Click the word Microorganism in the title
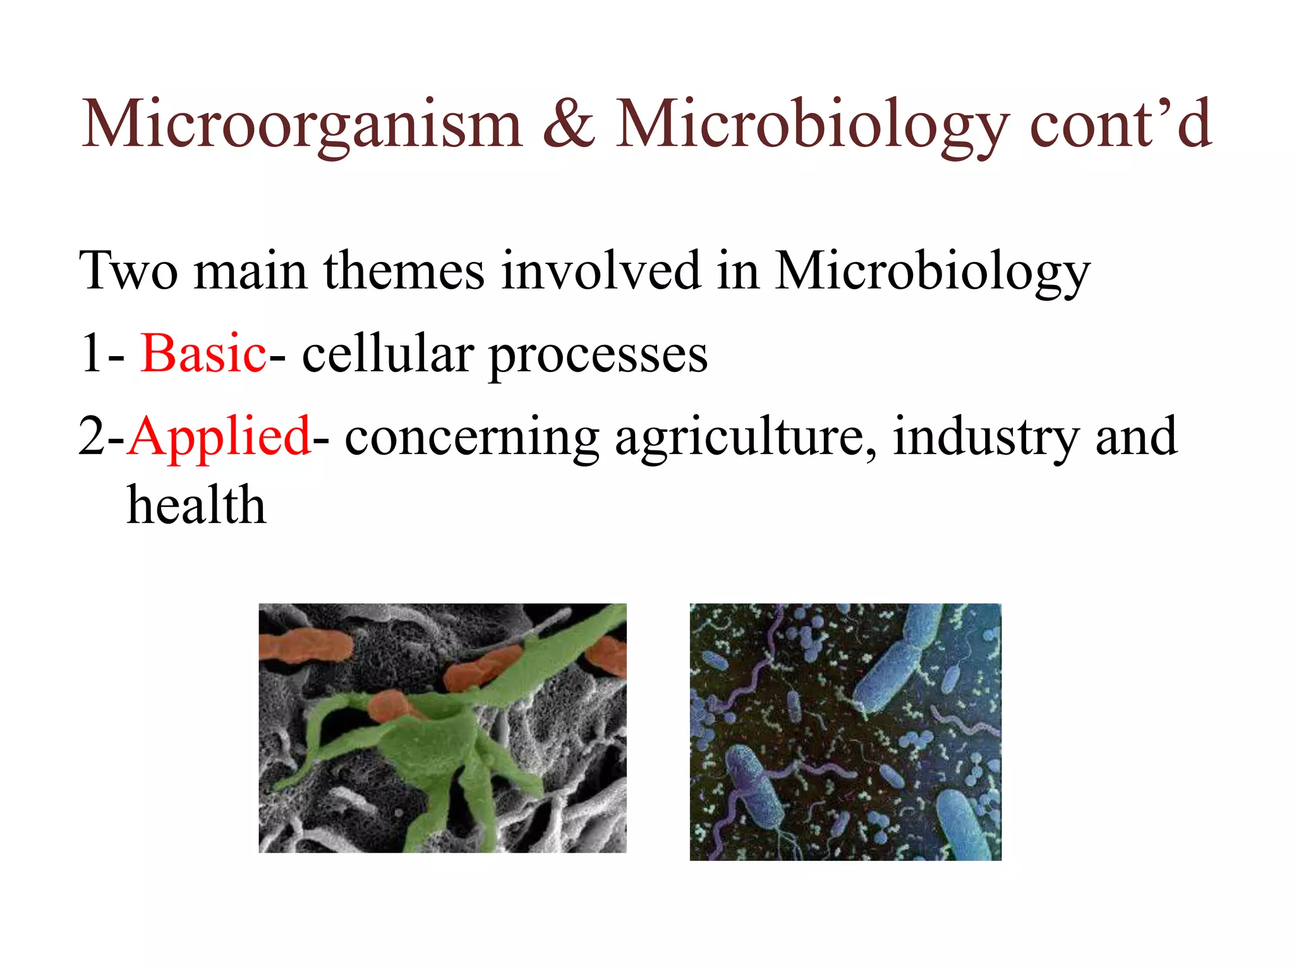pos(302,125)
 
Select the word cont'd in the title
pos(1120,124)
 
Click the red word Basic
pos(203,354)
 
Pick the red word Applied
pos(219,437)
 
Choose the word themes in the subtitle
pos(404,270)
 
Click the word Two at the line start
pos(128,270)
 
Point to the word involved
pos(601,270)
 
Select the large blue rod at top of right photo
pos(897,663)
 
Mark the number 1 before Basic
pos(92,354)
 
